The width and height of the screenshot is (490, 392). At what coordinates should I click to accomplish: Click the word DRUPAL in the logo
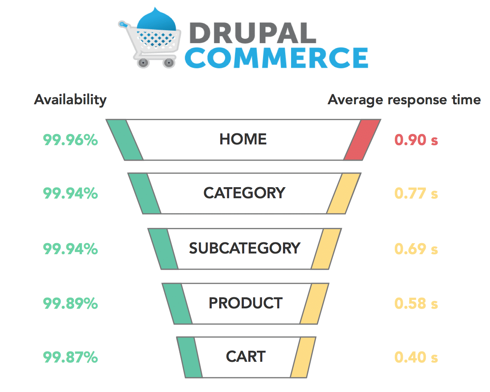click(x=253, y=33)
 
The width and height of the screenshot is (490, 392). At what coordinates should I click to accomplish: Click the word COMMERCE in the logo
click(x=276, y=58)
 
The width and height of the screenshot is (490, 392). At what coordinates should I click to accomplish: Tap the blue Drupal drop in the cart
click(x=156, y=20)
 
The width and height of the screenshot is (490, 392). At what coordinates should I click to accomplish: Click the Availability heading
click(x=70, y=100)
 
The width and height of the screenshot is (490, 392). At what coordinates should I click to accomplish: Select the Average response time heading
click(x=404, y=100)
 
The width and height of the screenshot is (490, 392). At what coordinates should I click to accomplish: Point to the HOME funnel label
click(x=243, y=139)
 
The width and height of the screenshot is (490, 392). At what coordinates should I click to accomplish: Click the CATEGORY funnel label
click(x=244, y=193)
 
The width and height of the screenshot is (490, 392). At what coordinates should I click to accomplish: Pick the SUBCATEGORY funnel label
click(x=245, y=248)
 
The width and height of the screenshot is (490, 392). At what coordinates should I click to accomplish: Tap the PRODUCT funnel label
click(x=246, y=303)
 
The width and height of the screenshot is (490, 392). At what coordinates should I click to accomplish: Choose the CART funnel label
click(x=246, y=356)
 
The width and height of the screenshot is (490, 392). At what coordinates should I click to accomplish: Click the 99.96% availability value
click(x=70, y=140)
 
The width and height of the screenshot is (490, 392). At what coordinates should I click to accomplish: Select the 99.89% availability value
click(x=70, y=303)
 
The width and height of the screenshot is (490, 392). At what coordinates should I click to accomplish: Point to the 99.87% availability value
click(x=70, y=357)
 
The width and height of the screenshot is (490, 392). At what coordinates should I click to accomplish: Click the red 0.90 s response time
click(x=416, y=140)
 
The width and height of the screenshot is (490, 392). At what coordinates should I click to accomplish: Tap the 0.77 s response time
click(x=416, y=193)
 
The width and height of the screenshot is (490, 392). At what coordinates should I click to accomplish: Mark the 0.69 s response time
click(x=416, y=249)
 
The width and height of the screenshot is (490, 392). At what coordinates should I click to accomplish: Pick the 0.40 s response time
click(x=416, y=357)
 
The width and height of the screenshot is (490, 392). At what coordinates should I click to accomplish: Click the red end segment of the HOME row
click(x=362, y=140)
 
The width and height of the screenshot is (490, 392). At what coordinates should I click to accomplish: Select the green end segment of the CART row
click(x=190, y=357)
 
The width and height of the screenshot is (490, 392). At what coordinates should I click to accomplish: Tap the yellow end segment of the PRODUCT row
click(x=314, y=304)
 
